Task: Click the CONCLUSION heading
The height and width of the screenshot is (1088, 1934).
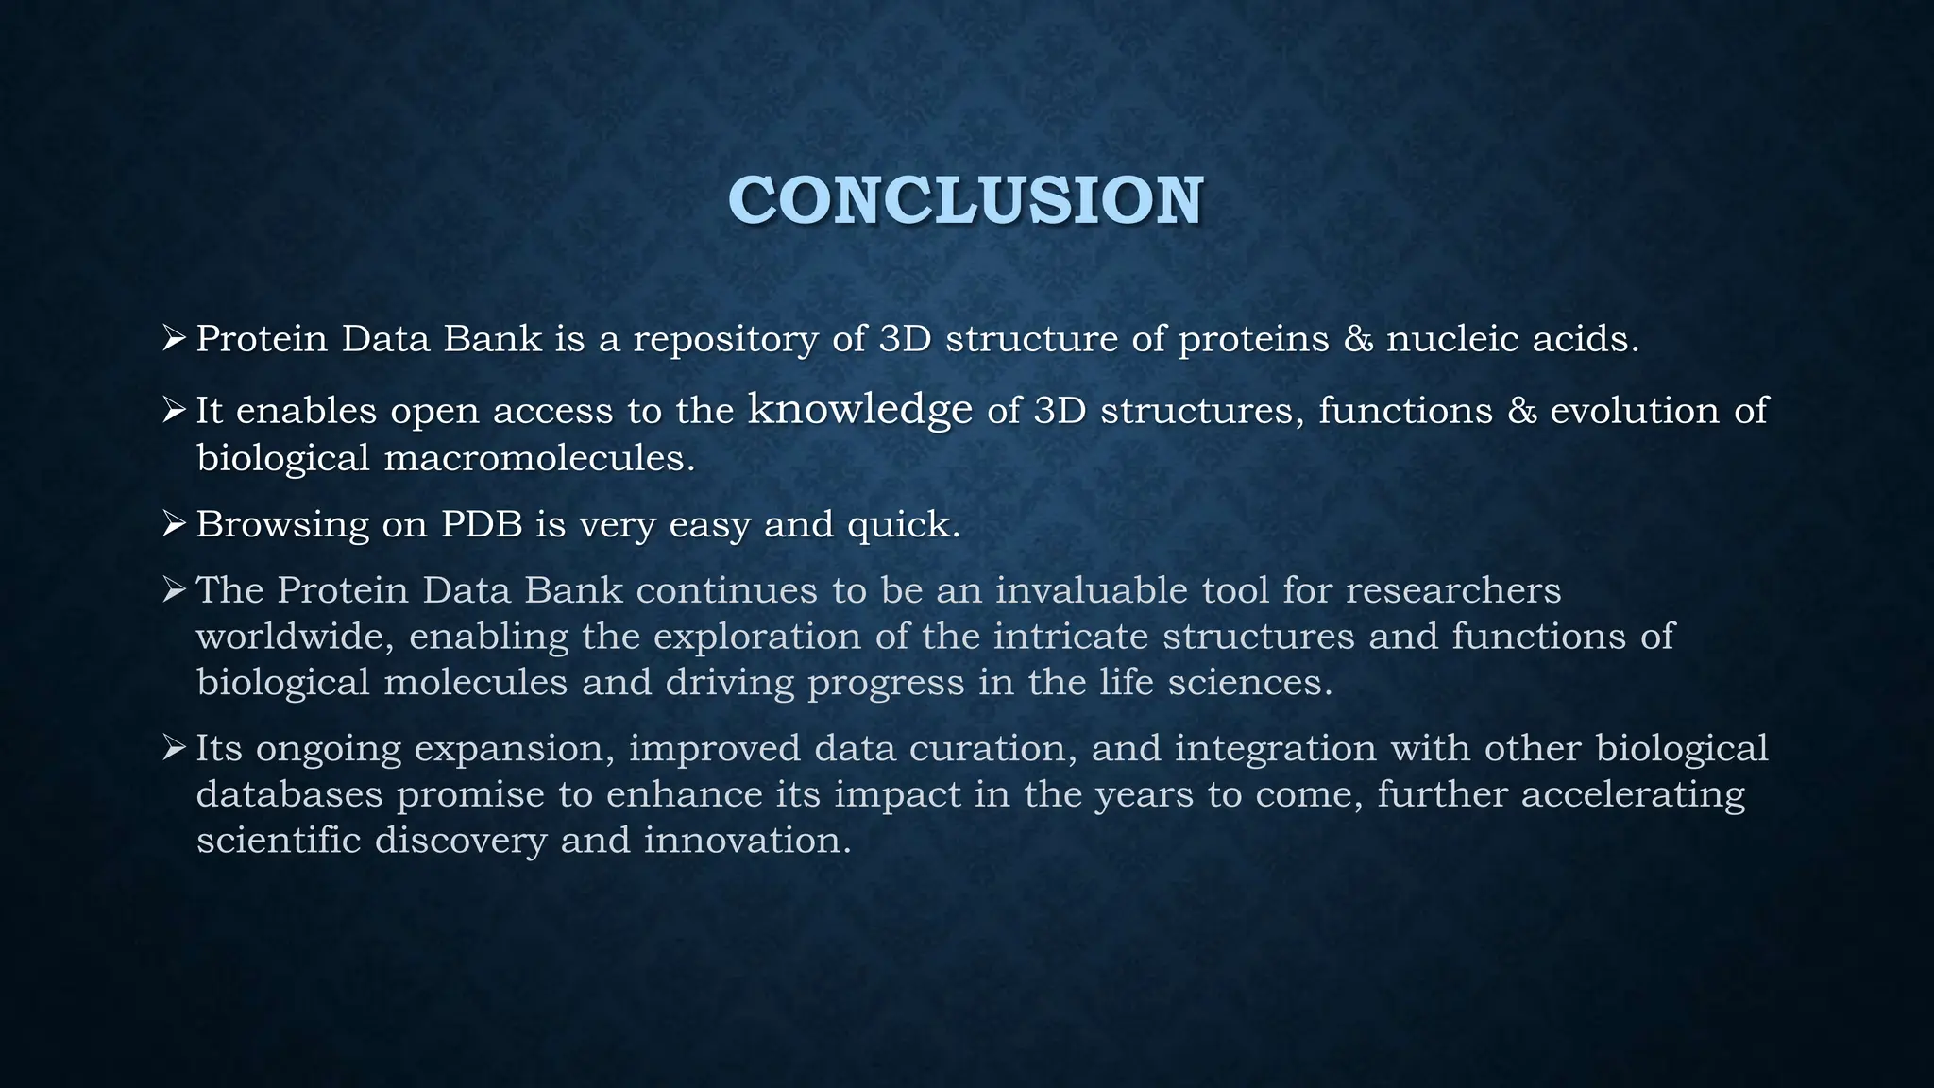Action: click(x=965, y=200)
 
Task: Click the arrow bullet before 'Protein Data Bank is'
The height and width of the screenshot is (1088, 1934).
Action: click(x=175, y=337)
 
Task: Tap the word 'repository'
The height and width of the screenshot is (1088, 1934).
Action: click(x=724, y=339)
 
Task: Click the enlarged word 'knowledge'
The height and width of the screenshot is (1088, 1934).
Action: click(x=859, y=410)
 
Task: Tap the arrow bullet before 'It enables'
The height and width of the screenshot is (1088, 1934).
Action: click(x=175, y=409)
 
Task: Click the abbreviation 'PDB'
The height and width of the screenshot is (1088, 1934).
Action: click(x=482, y=524)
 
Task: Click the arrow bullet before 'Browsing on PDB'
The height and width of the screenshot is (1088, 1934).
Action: click(x=175, y=522)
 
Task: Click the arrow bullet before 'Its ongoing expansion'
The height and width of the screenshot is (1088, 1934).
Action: click(x=175, y=748)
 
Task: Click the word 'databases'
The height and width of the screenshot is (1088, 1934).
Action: click(x=289, y=794)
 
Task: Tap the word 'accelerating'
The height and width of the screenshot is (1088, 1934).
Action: click(x=1632, y=795)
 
